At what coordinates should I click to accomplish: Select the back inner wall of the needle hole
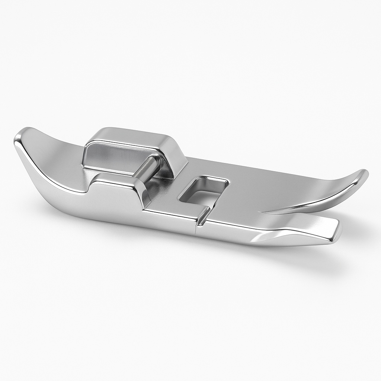(x=208, y=180)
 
